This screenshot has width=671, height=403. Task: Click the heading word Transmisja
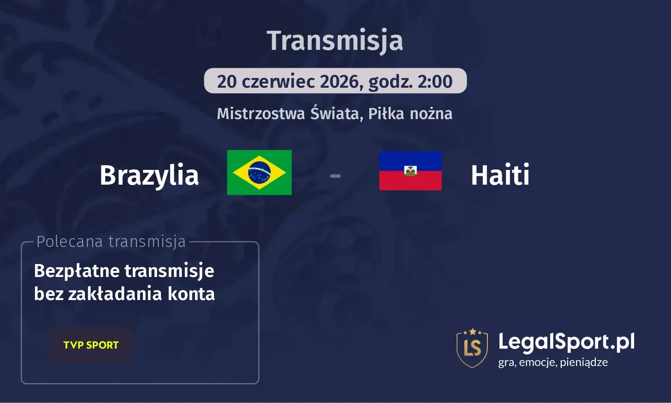[x=335, y=41]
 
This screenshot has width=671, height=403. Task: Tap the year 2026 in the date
[x=339, y=82]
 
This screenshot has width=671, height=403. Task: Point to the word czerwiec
[x=278, y=82]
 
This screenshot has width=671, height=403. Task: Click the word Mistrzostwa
[x=261, y=114]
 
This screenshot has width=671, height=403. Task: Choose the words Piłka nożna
[x=410, y=114]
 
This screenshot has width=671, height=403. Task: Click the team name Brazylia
[x=149, y=175]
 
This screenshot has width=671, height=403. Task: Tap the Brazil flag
[x=259, y=173]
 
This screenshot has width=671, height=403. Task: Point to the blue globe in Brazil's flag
[x=259, y=173]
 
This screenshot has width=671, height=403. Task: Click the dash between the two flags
[x=335, y=176]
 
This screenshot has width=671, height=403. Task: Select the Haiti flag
[x=410, y=171]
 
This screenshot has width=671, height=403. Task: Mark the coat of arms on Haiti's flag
[x=410, y=170]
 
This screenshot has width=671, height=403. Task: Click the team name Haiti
[x=500, y=175]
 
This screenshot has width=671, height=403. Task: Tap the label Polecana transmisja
[x=111, y=241]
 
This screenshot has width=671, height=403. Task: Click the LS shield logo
[x=472, y=348]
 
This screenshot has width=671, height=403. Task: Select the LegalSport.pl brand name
[x=566, y=342]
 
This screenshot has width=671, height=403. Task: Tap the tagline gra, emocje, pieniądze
[x=552, y=362]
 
